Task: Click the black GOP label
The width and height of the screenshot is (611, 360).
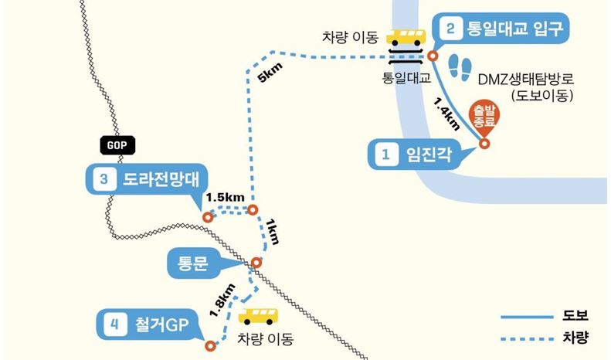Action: coord(117,145)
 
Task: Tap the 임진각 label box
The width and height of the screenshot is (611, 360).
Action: coord(415,155)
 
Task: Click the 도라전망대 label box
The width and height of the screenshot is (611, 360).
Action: coord(147,179)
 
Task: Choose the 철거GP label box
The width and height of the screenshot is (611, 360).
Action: coord(148,324)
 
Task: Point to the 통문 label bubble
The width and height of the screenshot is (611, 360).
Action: coord(193,263)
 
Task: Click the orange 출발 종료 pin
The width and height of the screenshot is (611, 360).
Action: coord(484,117)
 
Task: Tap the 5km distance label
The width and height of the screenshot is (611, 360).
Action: coord(270,73)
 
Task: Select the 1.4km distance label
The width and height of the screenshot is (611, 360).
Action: coord(447,114)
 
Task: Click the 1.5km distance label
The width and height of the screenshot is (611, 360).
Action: coord(226,197)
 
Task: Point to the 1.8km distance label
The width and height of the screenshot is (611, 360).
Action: coord(222,300)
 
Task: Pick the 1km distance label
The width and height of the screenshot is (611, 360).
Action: coord(273,232)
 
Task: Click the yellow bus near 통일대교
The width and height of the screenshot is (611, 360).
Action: coord(406,37)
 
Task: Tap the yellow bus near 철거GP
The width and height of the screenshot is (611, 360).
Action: coord(258,317)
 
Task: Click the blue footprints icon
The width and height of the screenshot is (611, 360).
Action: coord(460,68)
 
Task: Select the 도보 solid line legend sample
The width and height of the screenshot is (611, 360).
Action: coord(527,318)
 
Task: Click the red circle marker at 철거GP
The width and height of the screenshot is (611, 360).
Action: coord(210,346)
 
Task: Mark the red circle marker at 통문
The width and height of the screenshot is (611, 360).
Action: coord(256,263)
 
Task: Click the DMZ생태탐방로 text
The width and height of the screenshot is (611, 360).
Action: coord(526,79)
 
